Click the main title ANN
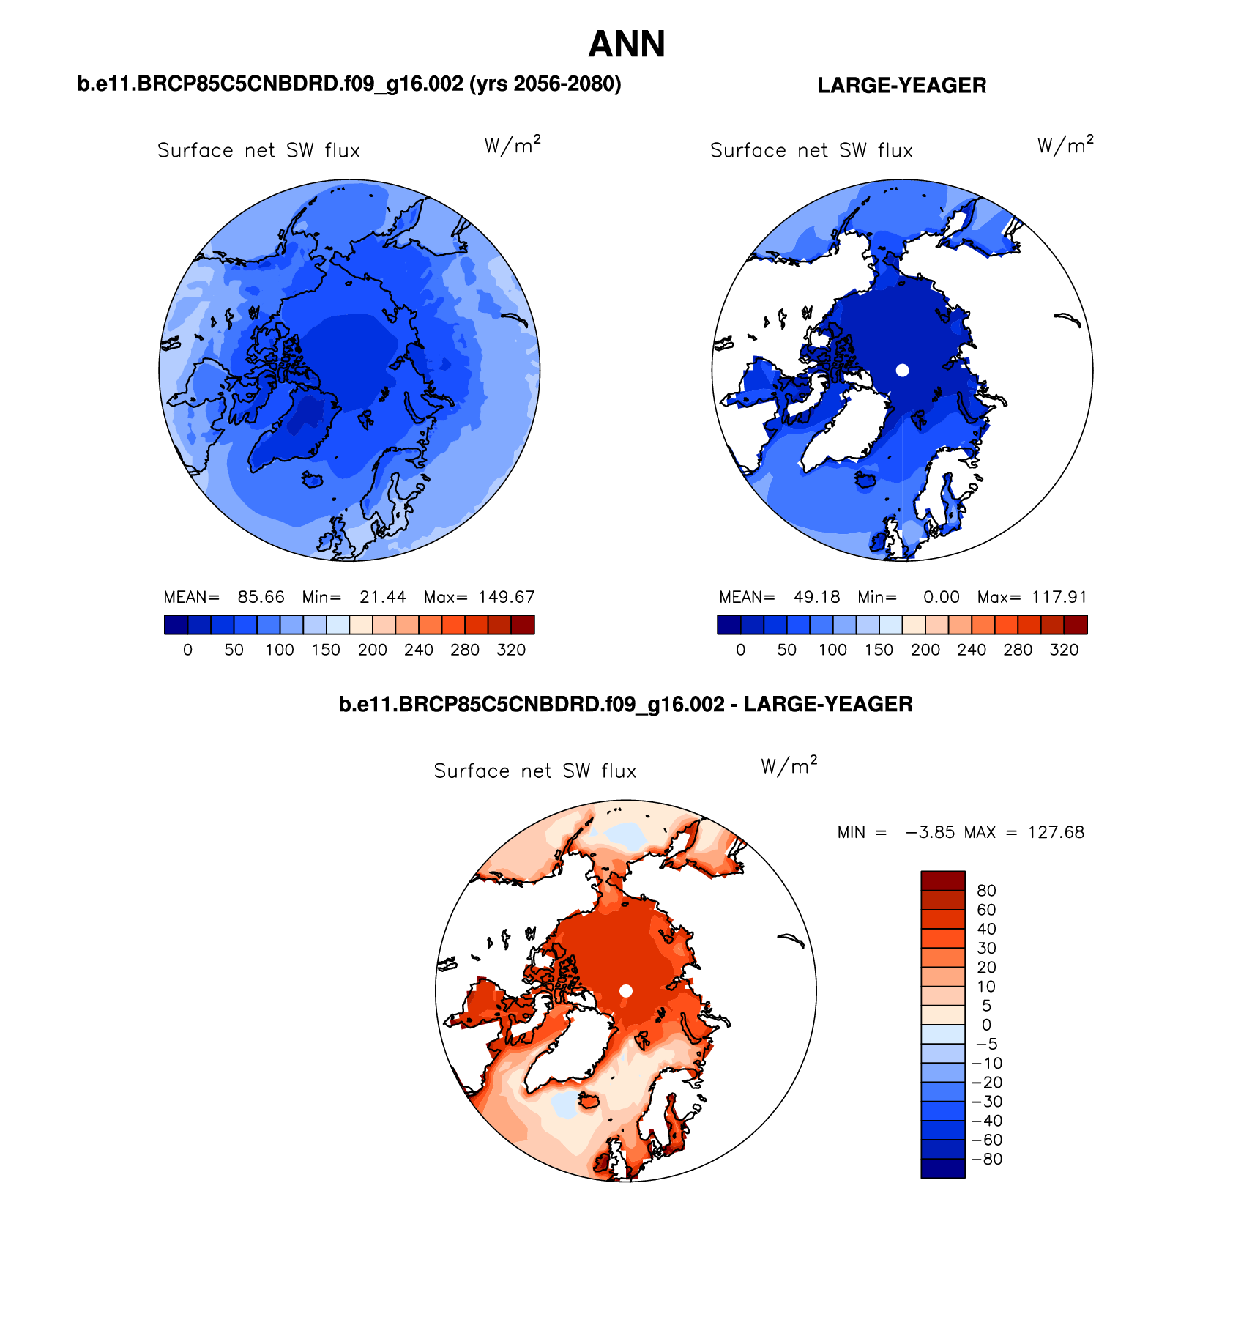click(627, 45)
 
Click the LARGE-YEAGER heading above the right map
click(901, 86)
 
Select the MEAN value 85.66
click(261, 597)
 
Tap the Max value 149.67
click(506, 597)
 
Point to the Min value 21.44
click(382, 597)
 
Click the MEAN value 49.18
click(816, 597)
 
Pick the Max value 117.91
click(1059, 597)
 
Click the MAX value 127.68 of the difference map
click(1056, 832)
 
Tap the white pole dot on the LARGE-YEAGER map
click(902, 371)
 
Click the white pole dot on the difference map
click(626, 991)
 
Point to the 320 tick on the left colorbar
click(511, 650)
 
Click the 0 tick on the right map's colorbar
click(740, 650)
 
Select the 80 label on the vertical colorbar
click(986, 891)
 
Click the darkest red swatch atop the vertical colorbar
click(942, 880)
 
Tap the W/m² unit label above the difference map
click(789, 766)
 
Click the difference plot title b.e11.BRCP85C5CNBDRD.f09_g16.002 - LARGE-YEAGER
click(625, 705)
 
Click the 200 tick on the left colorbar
click(372, 650)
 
